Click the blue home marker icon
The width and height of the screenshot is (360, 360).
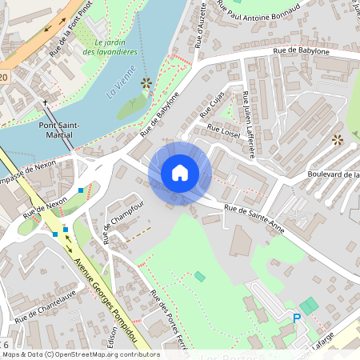tap(180, 173)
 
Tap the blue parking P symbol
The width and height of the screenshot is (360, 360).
tap(297, 318)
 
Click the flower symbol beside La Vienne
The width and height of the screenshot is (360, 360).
tap(146, 82)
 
